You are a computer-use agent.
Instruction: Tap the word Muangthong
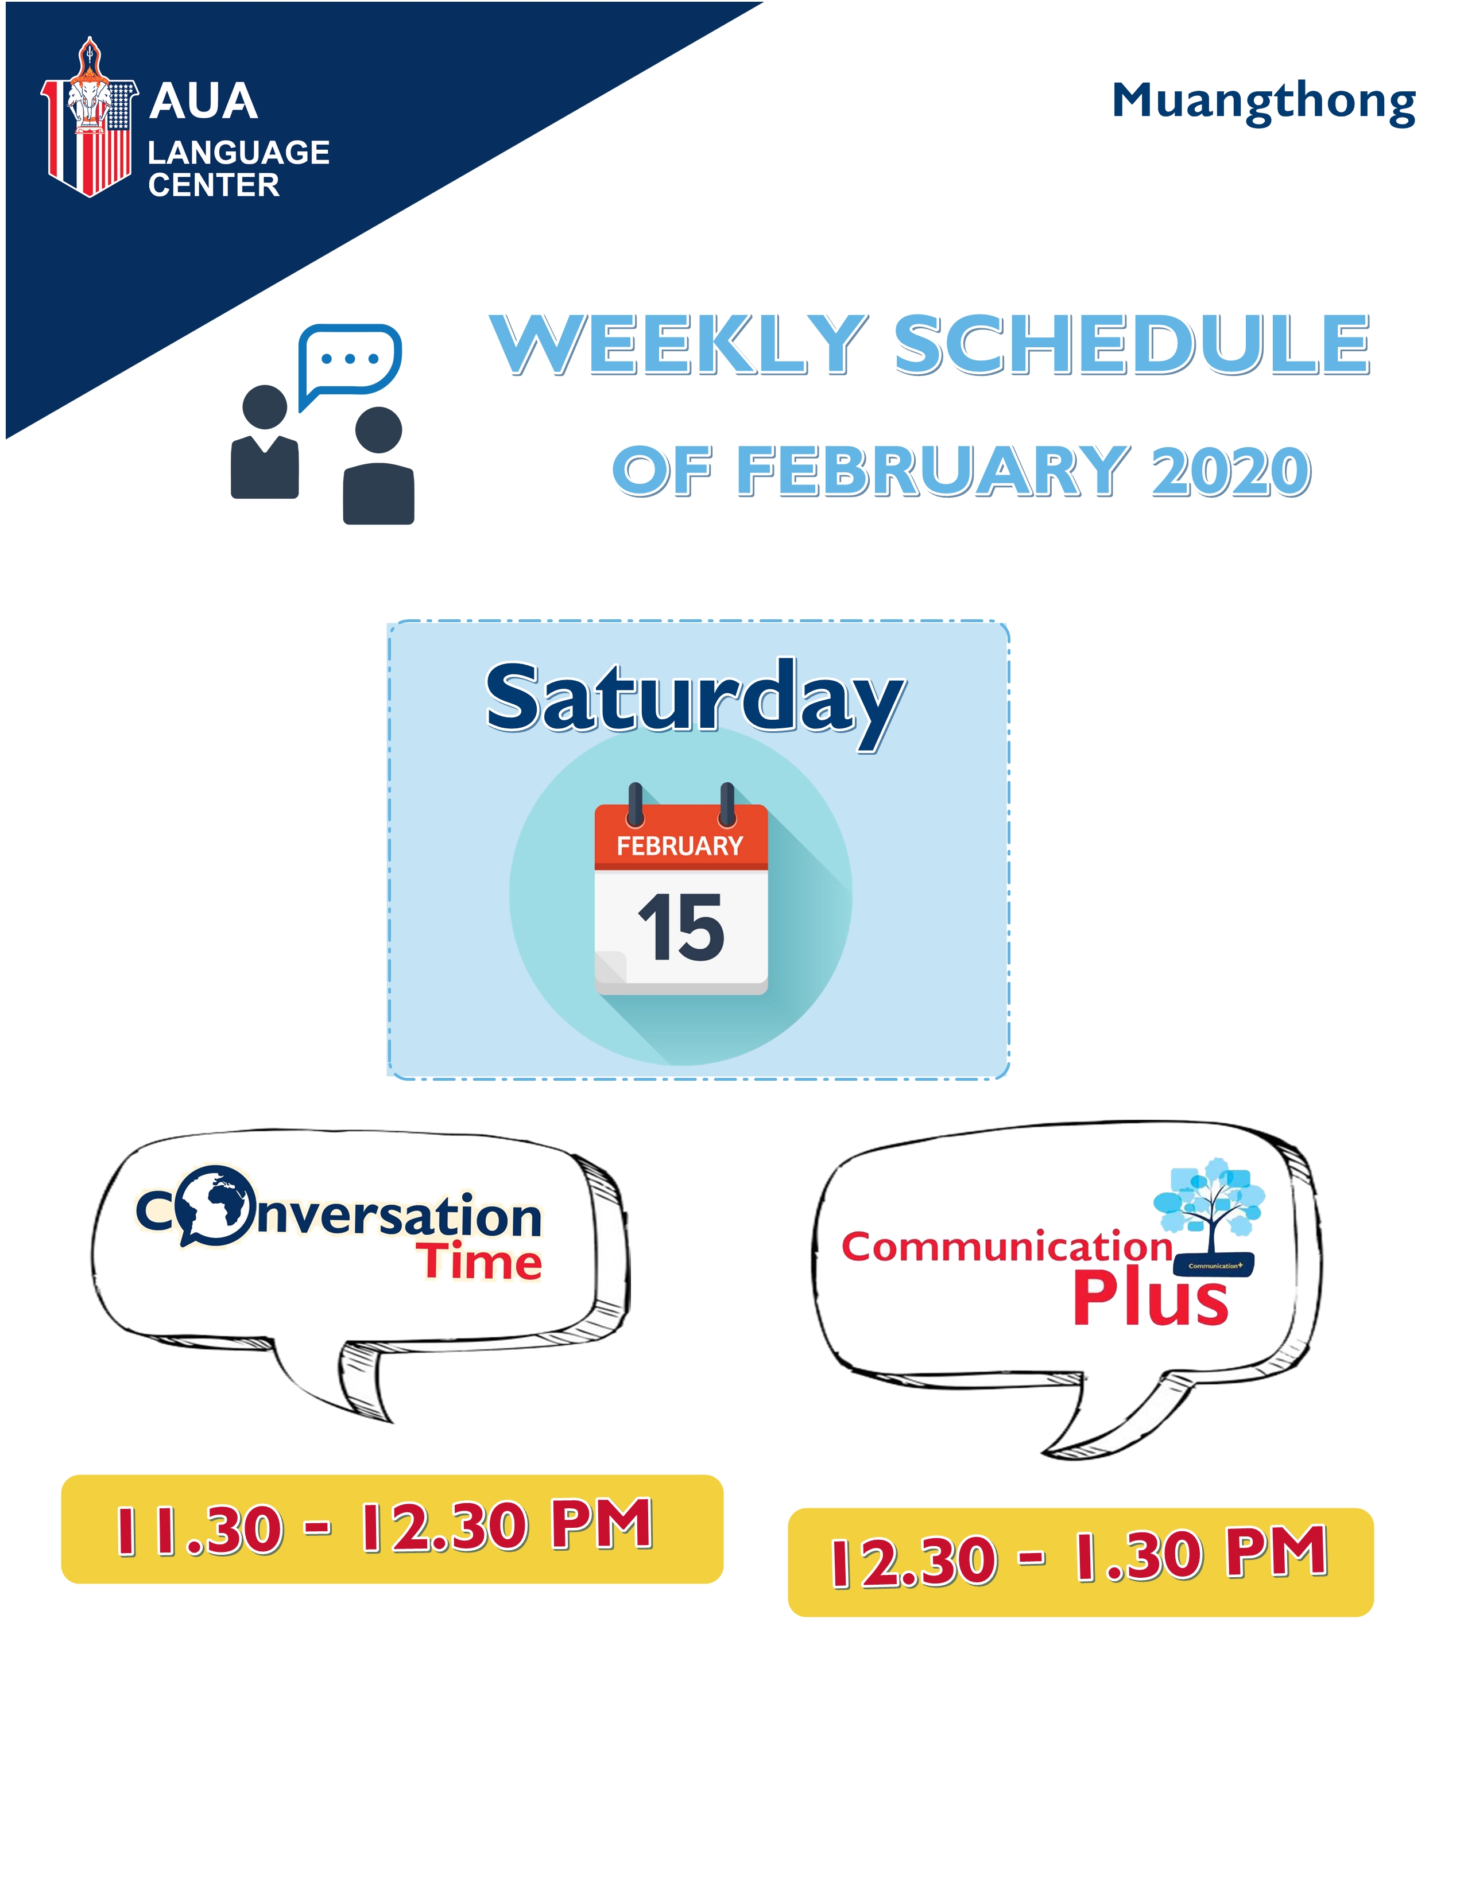[x=1264, y=103]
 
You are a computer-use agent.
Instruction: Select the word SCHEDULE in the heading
[x=1132, y=344]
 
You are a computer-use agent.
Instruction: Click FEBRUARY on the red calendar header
[x=680, y=845]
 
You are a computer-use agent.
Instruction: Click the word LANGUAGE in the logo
[x=238, y=153]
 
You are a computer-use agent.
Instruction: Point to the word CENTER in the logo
[x=214, y=185]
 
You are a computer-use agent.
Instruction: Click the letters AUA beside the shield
[x=204, y=102]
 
